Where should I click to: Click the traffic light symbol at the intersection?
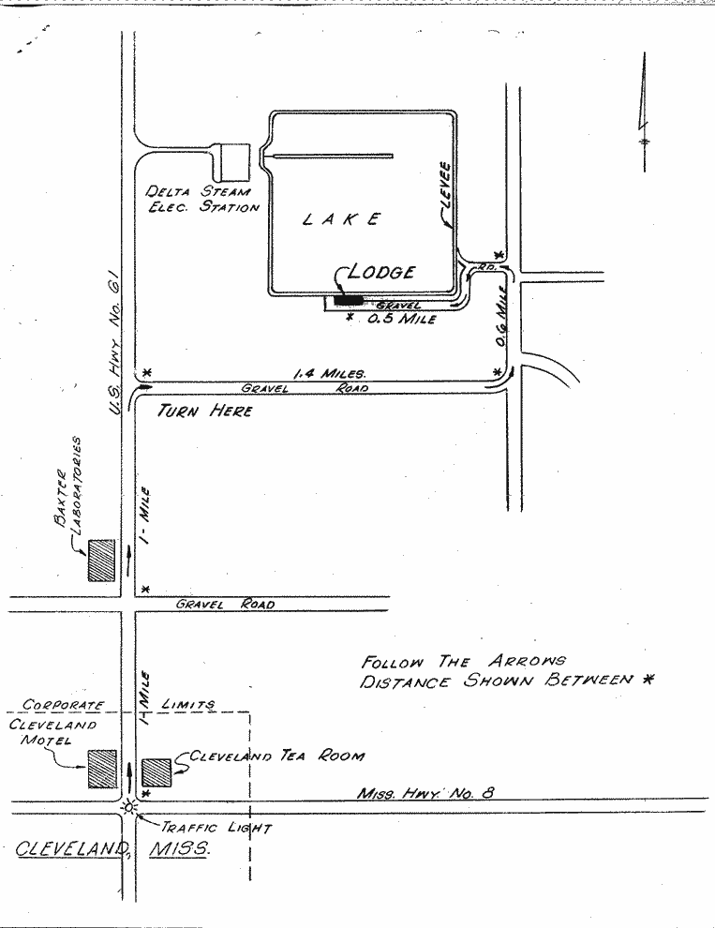[128, 807]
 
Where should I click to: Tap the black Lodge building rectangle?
[348, 300]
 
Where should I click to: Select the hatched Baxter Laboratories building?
[101, 560]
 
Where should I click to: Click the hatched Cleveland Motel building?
[102, 769]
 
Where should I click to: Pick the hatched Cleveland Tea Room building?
[156, 772]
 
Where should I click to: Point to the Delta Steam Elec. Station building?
[231, 162]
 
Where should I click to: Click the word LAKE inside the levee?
[341, 219]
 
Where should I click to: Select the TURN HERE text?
[205, 411]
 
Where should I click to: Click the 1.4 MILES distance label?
[330, 373]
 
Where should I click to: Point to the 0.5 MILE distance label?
[402, 319]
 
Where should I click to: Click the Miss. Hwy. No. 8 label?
[425, 792]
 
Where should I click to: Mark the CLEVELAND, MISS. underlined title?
[112, 848]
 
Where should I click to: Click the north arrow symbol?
[644, 112]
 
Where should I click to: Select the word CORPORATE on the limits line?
[64, 705]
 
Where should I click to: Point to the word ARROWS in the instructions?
[527, 661]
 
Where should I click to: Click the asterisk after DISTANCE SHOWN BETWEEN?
[648, 680]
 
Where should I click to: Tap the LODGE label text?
[381, 272]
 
